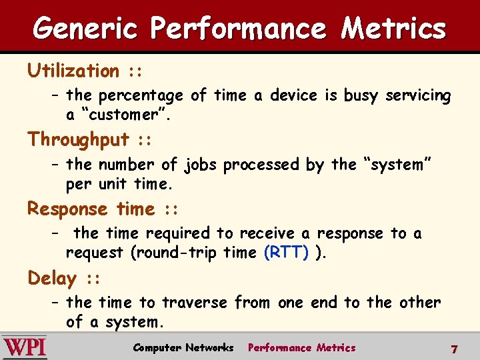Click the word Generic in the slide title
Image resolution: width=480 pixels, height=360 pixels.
click(86, 28)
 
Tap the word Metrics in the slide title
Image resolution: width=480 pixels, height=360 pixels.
click(393, 28)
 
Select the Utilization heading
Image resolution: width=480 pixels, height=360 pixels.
click(73, 71)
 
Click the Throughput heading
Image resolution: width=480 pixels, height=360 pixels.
click(78, 139)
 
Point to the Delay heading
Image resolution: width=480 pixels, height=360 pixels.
click(52, 278)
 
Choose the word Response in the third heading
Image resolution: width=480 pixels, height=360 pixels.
click(67, 209)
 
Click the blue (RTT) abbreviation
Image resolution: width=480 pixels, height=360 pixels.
click(286, 253)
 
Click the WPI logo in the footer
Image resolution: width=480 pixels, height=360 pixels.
click(25, 347)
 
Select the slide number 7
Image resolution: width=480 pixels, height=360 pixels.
click(454, 349)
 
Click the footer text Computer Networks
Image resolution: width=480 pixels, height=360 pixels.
click(183, 347)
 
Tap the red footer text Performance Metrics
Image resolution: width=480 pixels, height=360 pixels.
click(301, 347)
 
